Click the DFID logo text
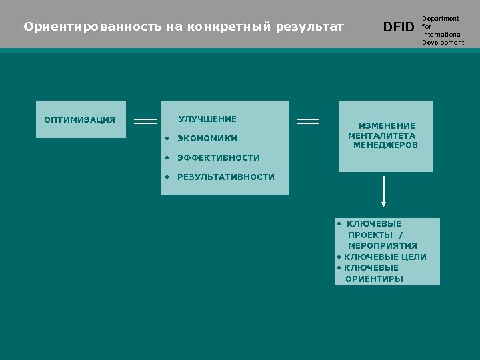[399, 27]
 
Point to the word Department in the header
[440, 19]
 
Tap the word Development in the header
[443, 43]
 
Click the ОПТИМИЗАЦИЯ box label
[79, 120]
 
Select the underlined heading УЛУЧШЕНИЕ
[207, 119]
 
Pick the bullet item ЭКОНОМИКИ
[207, 139]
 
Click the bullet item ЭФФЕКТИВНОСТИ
[218, 158]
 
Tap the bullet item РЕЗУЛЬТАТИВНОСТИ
[225, 177]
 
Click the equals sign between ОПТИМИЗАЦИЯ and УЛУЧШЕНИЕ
[145, 121]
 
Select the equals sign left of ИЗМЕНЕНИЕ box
[307, 121]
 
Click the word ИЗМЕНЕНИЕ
[387, 125]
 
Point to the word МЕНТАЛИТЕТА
[381, 135]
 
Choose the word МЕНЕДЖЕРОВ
[385, 145]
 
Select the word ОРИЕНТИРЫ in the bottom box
[374, 279]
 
